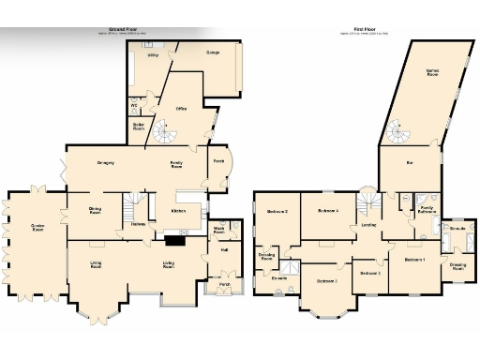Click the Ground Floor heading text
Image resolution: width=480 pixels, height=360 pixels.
click(124, 29)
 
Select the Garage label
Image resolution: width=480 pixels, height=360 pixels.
click(213, 53)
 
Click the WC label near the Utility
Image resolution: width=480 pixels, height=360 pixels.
click(134, 105)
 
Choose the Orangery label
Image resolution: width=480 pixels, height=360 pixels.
click(106, 163)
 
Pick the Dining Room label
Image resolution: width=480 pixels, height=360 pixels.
click(95, 211)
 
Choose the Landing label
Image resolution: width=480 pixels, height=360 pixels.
click(369, 224)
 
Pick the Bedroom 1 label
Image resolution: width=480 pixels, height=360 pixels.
click(413, 259)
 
